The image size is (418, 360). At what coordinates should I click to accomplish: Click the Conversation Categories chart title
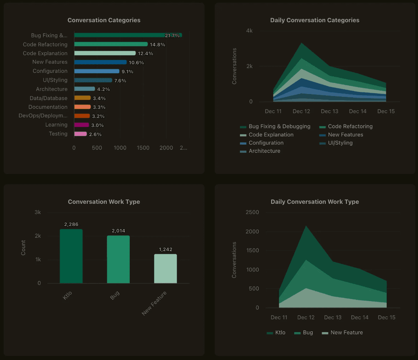pyautogui.click(x=104, y=20)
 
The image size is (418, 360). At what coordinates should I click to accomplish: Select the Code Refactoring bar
pyautogui.click(x=111, y=44)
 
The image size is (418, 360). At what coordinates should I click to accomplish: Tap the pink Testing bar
pyautogui.click(x=80, y=134)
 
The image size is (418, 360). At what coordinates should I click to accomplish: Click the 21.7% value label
pyautogui.click(x=172, y=36)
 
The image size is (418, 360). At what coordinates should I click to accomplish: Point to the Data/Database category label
pyautogui.click(x=49, y=98)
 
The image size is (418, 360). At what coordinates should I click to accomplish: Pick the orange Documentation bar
pyautogui.click(x=82, y=107)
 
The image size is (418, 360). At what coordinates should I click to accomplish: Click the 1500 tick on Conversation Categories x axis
pyautogui.click(x=143, y=148)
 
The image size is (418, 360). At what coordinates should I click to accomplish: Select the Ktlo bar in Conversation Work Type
pyautogui.click(x=71, y=256)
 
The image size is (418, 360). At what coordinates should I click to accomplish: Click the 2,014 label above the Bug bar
pyautogui.click(x=118, y=231)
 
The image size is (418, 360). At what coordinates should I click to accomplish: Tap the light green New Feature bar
pyautogui.click(x=165, y=268)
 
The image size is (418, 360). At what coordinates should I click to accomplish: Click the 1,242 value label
pyautogui.click(x=165, y=250)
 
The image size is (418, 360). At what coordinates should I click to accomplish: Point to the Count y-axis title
pyautogui.click(x=23, y=248)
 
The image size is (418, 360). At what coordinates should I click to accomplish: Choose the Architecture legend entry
pyautogui.click(x=264, y=151)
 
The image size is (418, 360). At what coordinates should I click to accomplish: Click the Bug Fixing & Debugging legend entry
pyautogui.click(x=279, y=127)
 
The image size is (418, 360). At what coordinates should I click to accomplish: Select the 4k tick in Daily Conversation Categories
pyautogui.click(x=249, y=31)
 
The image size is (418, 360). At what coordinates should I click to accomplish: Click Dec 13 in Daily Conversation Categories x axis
pyautogui.click(x=329, y=112)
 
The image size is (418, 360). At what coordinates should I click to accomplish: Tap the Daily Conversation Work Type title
pyautogui.click(x=315, y=202)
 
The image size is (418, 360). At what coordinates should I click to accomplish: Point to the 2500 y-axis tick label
pyautogui.click(x=251, y=212)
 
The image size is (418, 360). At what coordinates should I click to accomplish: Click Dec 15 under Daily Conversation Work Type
pyautogui.click(x=386, y=318)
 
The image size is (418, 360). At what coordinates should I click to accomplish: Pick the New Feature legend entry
pyautogui.click(x=346, y=333)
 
